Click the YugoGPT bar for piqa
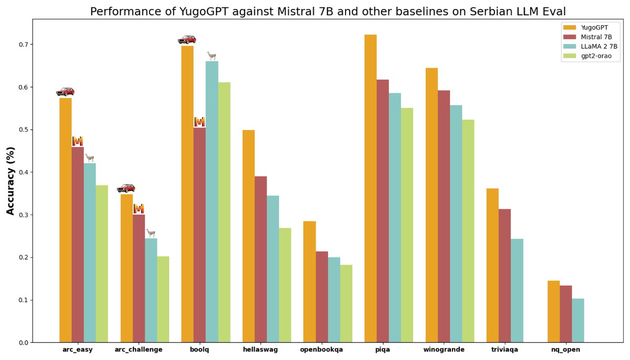(370, 189)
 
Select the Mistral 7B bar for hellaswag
(260, 259)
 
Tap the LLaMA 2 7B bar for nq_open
(577, 321)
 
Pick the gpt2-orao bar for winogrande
(468, 231)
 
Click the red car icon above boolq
(187, 40)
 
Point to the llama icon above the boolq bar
(212, 56)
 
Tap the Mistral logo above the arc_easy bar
(78, 141)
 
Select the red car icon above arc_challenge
(126, 188)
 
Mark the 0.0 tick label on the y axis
(23, 343)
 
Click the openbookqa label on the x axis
(321, 350)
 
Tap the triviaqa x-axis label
(505, 350)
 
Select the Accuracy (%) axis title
(10, 181)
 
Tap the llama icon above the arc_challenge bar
(151, 232)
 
